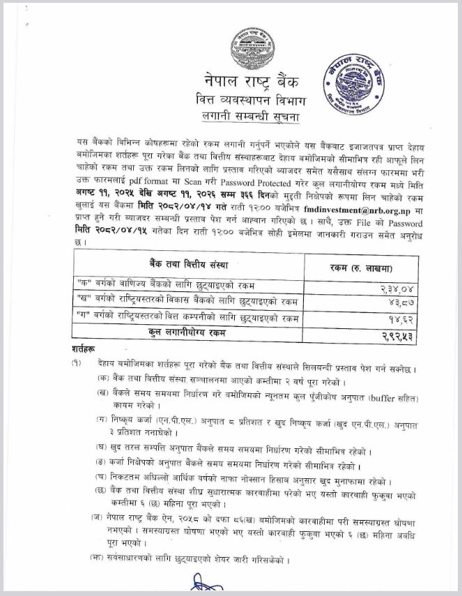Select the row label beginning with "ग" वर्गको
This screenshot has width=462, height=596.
click(188, 318)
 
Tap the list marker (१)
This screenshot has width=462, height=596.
click(77, 366)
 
